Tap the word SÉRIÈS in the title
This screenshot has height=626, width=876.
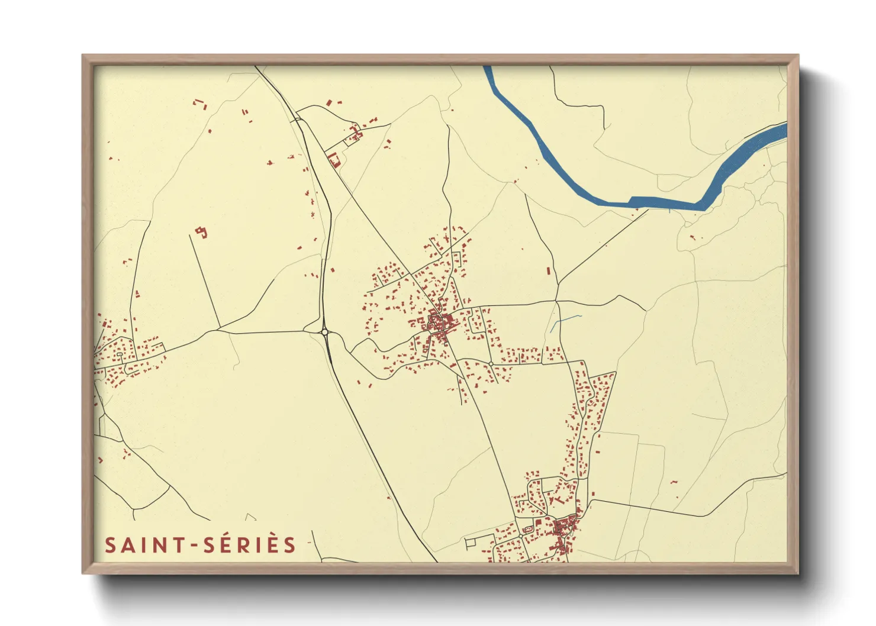(249, 545)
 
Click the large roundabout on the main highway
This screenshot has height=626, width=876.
(324, 332)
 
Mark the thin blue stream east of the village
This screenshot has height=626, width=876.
(565, 320)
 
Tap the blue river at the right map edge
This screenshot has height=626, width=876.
(769, 135)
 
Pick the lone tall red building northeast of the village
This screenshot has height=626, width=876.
(548, 271)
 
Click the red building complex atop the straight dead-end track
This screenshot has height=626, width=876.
(202, 231)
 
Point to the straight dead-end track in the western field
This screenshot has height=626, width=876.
(205, 281)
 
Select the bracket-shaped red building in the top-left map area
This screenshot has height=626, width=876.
(200, 104)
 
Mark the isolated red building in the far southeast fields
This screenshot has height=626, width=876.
(674, 482)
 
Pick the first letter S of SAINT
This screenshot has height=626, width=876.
(110, 545)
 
